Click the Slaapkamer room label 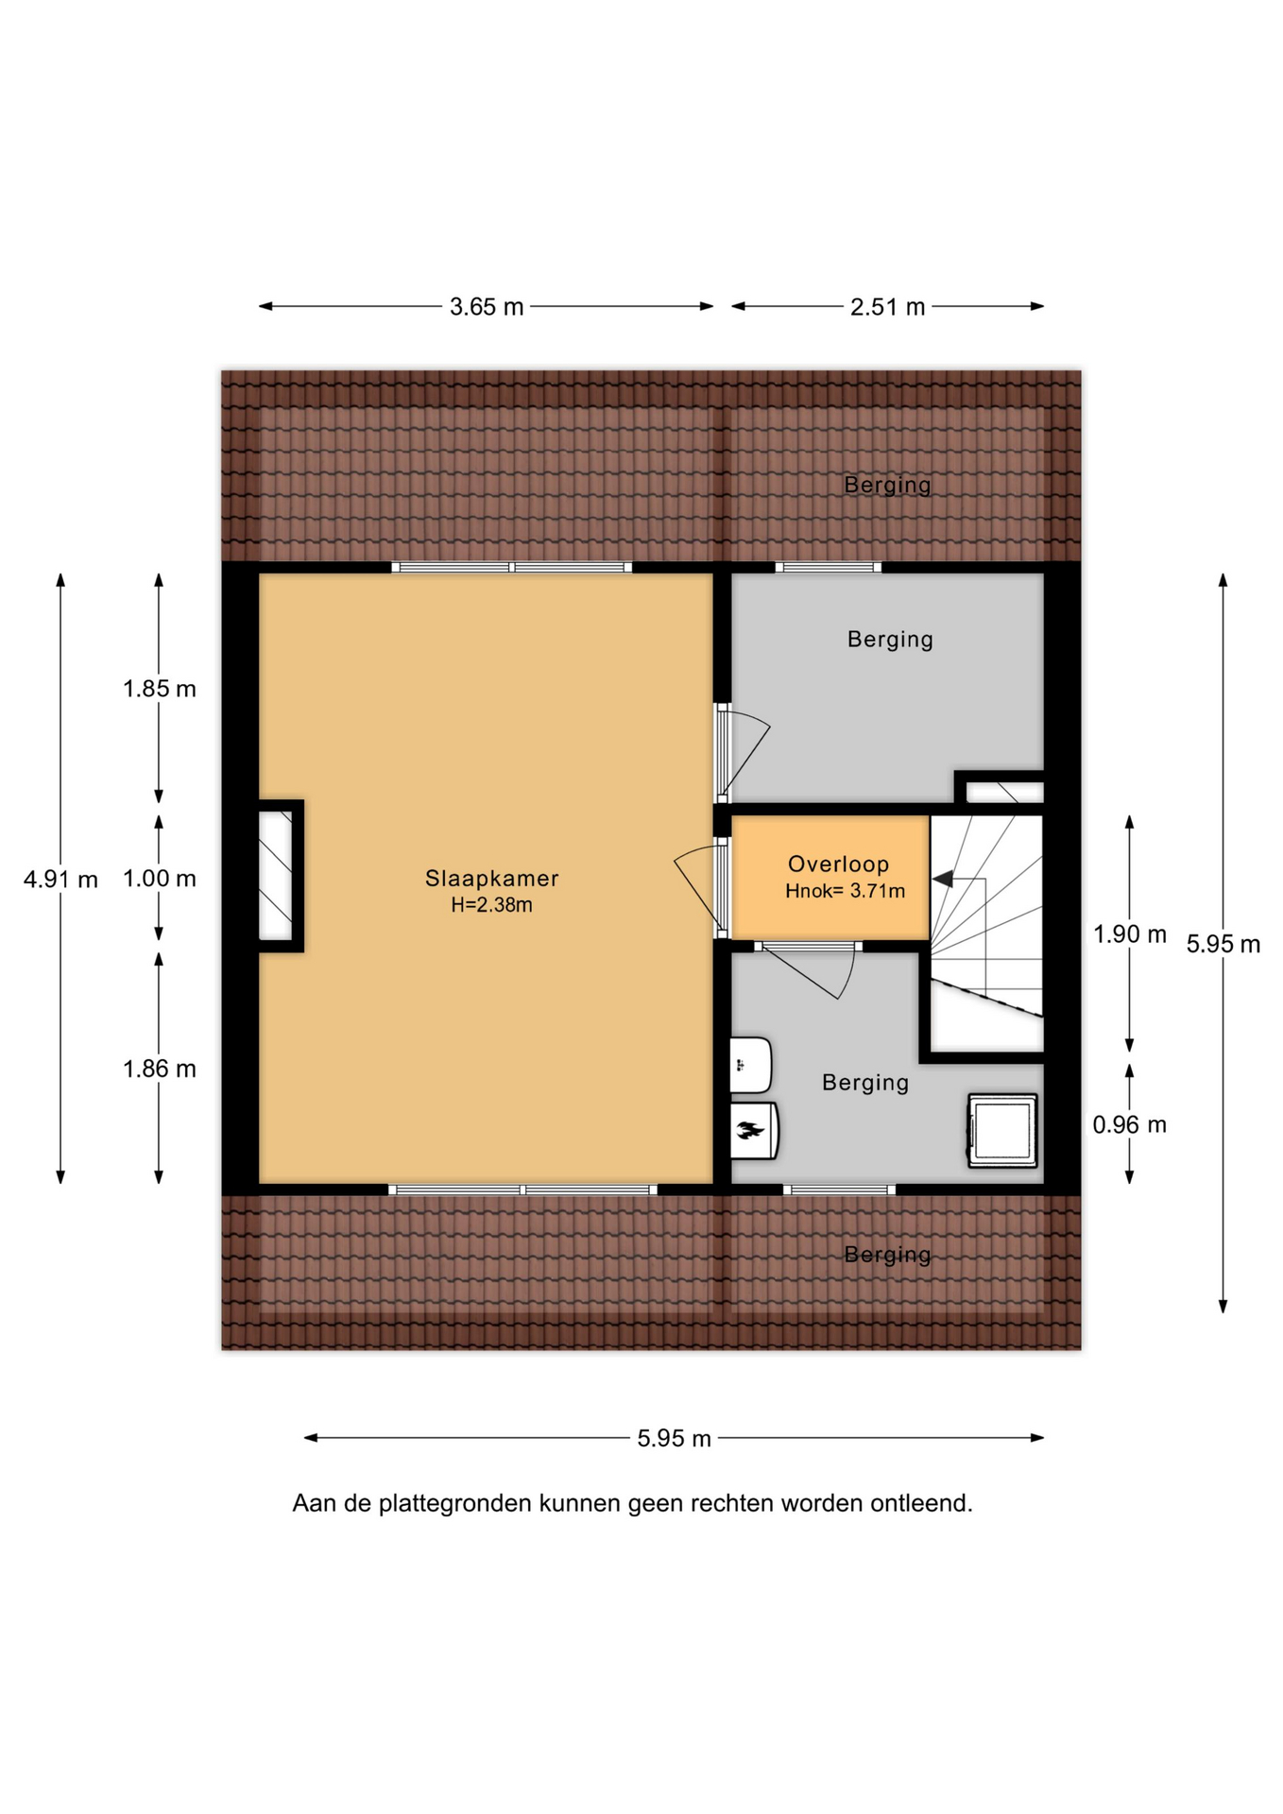[x=491, y=878]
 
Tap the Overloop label [x=838, y=864]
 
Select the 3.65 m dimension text [x=487, y=307]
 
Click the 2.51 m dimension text [x=887, y=307]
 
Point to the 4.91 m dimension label [x=60, y=880]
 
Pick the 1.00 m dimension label [x=160, y=879]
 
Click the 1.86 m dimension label [x=160, y=1069]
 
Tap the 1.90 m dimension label [x=1130, y=934]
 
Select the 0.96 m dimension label [x=1130, y=1124]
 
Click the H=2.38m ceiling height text [x=491, y=905]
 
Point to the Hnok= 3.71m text [x=845, y=890]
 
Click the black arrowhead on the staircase [x=942, y=879]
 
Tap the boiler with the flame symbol [x=754, y=1130]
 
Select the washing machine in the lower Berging [x=1002, y=1130]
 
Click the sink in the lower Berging [x=751, y=1066]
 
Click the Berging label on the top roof [x=887, y=485]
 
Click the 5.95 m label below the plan [x=674, y=1438]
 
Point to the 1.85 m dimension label [x=160, y=689]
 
